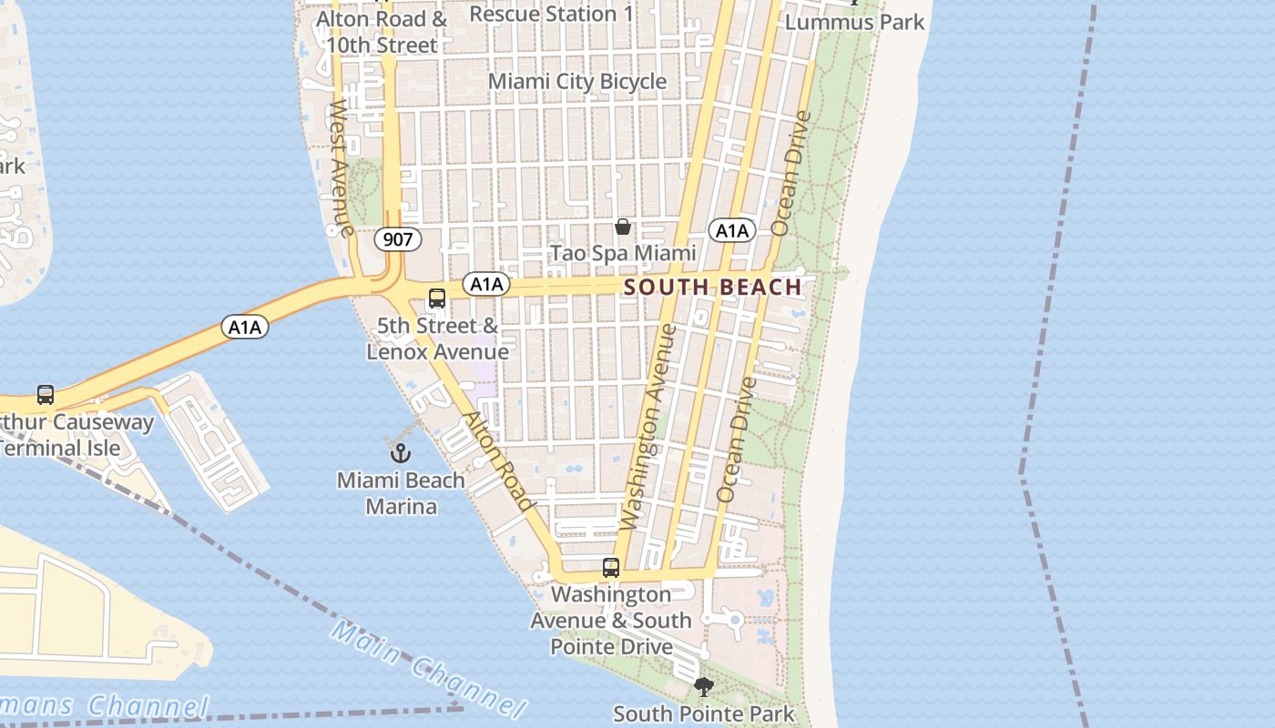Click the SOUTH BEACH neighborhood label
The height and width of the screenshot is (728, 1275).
pyautogui.click(x=712, y=288)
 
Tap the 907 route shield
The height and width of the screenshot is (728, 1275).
pyautogui.click(x=398, y=240)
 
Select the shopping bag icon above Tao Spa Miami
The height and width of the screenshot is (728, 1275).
pyautogui.click(x=623, y=227)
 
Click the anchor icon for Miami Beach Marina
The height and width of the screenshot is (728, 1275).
pyautogui.click(x=401, y=451)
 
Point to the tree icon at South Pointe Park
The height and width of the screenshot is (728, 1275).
pyautogui.click(x=703, y=687)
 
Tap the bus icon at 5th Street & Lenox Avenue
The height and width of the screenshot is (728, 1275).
pyautogui.click(x=437, y=298)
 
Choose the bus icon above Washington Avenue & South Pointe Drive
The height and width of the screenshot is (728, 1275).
pyautogui.click(x=611, y=568)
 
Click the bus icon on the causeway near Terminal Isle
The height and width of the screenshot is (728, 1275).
pyautogui.click(x=46, y=395)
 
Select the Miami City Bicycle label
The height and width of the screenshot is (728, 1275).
pyautogui.click(x=577, y=82)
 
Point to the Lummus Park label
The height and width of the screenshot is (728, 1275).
pyautogui.click(x=854, y=22)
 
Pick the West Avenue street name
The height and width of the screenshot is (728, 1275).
pyautogui.click(x=342, y=167)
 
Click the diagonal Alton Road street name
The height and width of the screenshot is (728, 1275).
pyautogui.click(x=498, y=461)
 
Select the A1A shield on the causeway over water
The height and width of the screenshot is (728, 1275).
pyautogui.click(x=245, y=327)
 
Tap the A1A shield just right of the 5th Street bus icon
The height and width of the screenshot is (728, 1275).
pyautogui.click(x=487, y=285)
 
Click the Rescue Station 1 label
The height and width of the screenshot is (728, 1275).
pyautogui.click(x=551, y=14)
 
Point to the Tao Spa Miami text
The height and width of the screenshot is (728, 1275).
pyautogui.click(x=623, y=253)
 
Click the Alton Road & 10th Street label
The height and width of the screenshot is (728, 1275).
pyautogui.click(x=382, y=32)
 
